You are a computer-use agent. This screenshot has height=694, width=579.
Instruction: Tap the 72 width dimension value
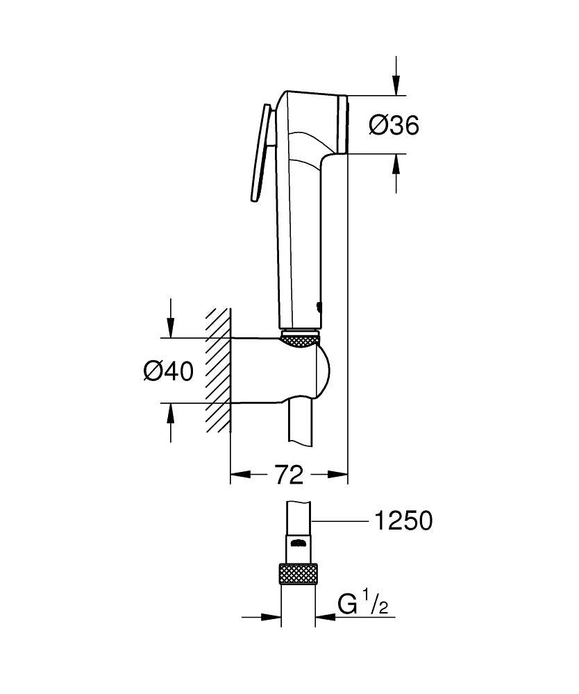289,475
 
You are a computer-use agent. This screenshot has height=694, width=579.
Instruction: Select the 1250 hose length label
403,520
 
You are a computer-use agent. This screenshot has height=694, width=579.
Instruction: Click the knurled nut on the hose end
298,575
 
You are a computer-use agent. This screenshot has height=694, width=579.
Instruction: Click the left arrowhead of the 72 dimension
238,475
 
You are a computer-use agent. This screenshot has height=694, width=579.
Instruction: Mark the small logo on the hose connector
298,543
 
